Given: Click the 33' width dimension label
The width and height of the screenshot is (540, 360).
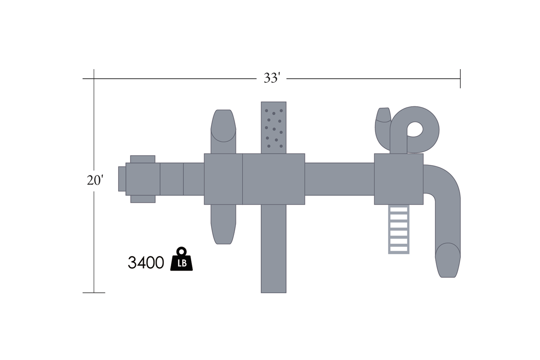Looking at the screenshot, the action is pyautogui.click(x=272, y=78).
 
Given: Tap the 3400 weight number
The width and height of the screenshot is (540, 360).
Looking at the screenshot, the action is pyautogui.click(x=146, y=262).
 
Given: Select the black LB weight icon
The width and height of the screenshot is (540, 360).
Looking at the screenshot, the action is pyautogui.click(x=181, y=259).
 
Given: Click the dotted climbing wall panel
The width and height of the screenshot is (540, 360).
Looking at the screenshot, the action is pyautogui.click(x=274, y=127).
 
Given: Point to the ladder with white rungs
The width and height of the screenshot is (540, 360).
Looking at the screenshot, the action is pyautogui.click(x=399, y=229).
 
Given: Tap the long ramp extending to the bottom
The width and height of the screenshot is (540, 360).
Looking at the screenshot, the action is pyautogui.click(x=274, y=249).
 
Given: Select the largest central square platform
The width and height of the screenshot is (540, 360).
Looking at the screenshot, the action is pyautogui.click(x=274, y=179).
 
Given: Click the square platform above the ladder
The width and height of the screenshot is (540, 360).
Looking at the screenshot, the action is pyautogui.click(x=399, y=179).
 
